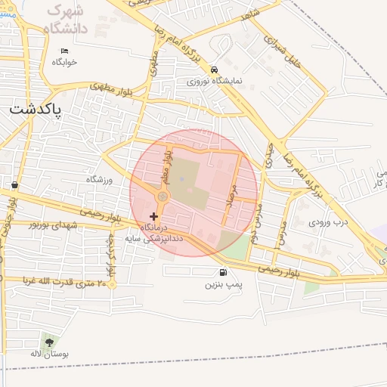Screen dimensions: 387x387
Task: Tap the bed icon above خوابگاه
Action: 64,51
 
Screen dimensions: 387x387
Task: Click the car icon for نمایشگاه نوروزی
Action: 215,67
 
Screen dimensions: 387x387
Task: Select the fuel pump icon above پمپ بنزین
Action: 222,273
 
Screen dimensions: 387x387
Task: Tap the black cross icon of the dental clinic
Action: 154,216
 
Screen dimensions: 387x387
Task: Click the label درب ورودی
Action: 326,222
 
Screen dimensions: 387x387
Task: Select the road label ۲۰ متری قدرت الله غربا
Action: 61,281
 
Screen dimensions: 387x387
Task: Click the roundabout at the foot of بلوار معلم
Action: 162,197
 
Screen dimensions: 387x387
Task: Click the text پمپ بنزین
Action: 222,286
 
